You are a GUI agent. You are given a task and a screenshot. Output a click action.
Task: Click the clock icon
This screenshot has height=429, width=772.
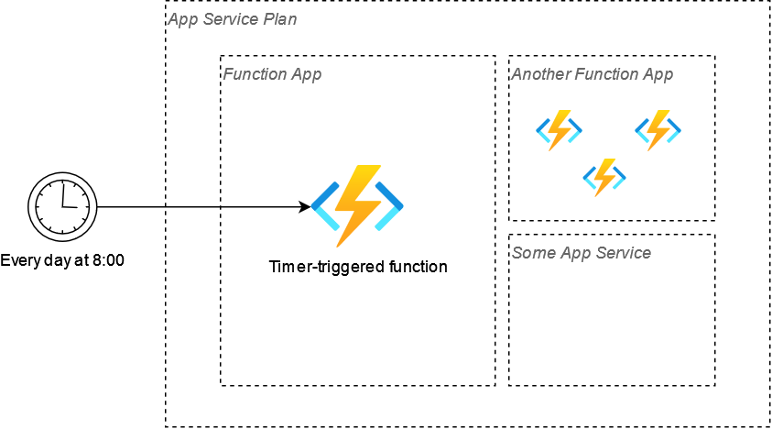[62, 206]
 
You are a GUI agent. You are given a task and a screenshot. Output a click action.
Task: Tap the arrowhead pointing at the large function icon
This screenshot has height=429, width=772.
[305, 207]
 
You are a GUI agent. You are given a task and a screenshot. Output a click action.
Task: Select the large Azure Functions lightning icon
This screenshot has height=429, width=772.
[357, 206]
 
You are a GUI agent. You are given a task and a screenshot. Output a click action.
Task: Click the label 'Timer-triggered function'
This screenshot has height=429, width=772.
[358, 267]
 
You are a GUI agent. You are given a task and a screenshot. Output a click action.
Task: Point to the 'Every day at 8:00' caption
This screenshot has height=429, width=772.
[62, 260]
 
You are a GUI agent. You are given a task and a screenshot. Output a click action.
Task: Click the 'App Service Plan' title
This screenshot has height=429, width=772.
[233, 19]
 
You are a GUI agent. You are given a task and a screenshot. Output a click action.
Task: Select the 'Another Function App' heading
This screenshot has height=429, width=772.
[593, 74]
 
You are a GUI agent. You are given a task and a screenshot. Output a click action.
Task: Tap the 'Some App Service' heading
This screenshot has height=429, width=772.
[582, 253]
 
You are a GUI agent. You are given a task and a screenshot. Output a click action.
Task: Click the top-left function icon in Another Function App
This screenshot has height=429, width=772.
[560, 130]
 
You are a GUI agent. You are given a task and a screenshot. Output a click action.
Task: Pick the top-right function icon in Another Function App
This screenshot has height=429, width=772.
[658, 130]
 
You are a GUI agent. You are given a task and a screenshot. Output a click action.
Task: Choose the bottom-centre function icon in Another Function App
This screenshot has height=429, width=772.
[604, 178]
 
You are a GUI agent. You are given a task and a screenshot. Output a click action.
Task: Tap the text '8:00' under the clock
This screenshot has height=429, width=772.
[108, 260]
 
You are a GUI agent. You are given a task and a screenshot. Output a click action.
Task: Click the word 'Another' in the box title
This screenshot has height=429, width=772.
[541, 74]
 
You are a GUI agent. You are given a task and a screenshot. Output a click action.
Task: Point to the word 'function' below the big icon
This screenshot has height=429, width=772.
[418, 267]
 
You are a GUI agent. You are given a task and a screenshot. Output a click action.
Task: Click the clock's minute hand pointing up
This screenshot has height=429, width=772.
[62, 193]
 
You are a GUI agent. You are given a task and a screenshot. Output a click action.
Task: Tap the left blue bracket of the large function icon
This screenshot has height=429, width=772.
[325, 206]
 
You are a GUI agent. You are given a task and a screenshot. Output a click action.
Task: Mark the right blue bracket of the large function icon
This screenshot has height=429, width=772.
[389, 206]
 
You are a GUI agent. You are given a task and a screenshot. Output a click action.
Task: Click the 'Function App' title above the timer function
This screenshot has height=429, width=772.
[272, 74]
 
